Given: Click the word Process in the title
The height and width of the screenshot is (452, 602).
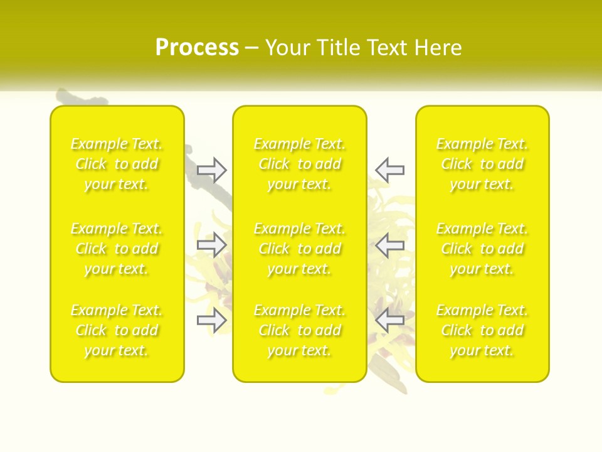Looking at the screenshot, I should pos(197,48).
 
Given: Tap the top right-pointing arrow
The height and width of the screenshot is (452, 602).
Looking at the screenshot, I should pos(212,169).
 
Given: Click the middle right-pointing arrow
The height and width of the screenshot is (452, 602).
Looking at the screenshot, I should pos(212,245).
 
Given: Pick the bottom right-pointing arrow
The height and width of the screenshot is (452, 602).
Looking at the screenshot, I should pos(212,320).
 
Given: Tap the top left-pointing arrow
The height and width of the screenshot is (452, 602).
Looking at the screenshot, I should pos(389,169).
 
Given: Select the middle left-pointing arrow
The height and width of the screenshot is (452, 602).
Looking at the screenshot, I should pos(389,245).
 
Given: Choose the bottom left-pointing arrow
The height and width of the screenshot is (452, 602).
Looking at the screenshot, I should pos(389,320).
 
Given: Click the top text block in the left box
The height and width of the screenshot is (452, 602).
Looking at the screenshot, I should pos(117,164).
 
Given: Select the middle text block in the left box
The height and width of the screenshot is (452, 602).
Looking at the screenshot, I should pos(117,249).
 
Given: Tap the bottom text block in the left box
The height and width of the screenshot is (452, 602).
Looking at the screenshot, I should pos(117,330).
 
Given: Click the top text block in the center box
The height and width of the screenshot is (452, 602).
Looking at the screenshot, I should pos(299,164).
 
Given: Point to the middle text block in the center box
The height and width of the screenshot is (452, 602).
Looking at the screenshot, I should pos(299,249).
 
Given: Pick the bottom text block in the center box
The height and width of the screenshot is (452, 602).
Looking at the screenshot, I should pos(299,330).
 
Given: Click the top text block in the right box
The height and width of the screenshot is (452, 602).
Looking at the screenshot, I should pos(482,164).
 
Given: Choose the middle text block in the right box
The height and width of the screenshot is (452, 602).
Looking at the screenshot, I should pos(482,249).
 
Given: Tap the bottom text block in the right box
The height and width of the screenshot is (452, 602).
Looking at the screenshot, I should pos(482,330).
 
